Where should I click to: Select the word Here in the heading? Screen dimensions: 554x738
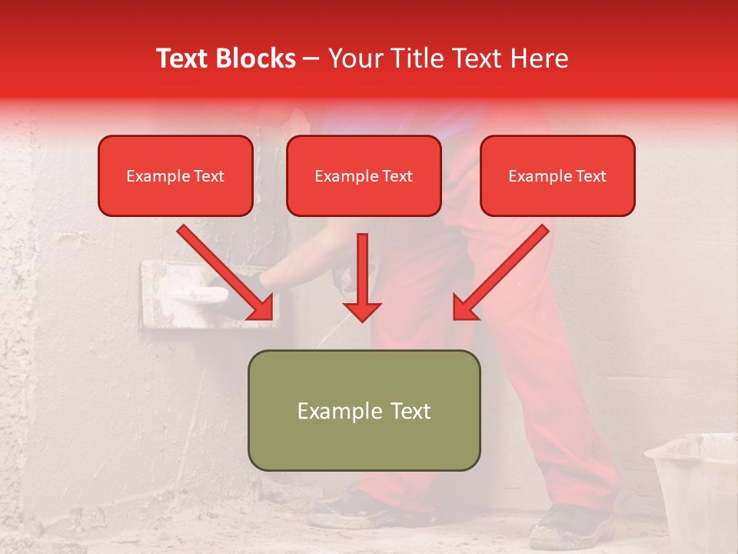(x=539, y=58)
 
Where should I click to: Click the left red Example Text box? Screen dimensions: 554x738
(x=175, y=176)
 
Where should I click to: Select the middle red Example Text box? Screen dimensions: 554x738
(x=364, y=176)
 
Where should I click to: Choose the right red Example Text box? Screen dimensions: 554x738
(x=557, y=176)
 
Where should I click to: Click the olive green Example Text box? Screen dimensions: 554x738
(x=364, y=411)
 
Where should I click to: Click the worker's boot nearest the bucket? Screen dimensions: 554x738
(x=573, y=527)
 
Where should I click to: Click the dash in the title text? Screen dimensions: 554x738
(x=311, y=59)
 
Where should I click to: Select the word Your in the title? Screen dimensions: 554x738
(x=355, y=58)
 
